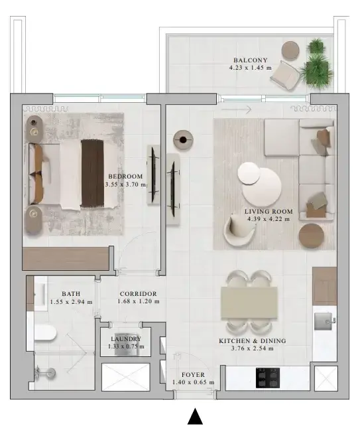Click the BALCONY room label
coord(250,60)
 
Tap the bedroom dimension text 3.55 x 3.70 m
coord(126,184)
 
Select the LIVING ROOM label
coord(269,212)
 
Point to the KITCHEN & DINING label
coord(253,341)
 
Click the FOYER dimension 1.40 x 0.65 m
coord(193,382)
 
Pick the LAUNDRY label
coord(126,339)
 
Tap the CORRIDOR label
coord(139,294)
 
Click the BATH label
coord(71,294)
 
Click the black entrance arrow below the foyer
coord(195,416)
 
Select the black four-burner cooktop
coord(268,378)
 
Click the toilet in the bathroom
coord(45,332)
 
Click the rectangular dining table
coord(249,303)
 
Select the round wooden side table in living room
coord(311,236)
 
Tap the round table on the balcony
coord(290,50)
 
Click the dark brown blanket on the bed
coord(92,173)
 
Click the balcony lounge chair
coord(284,74)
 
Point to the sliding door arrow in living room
coord(236,109)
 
